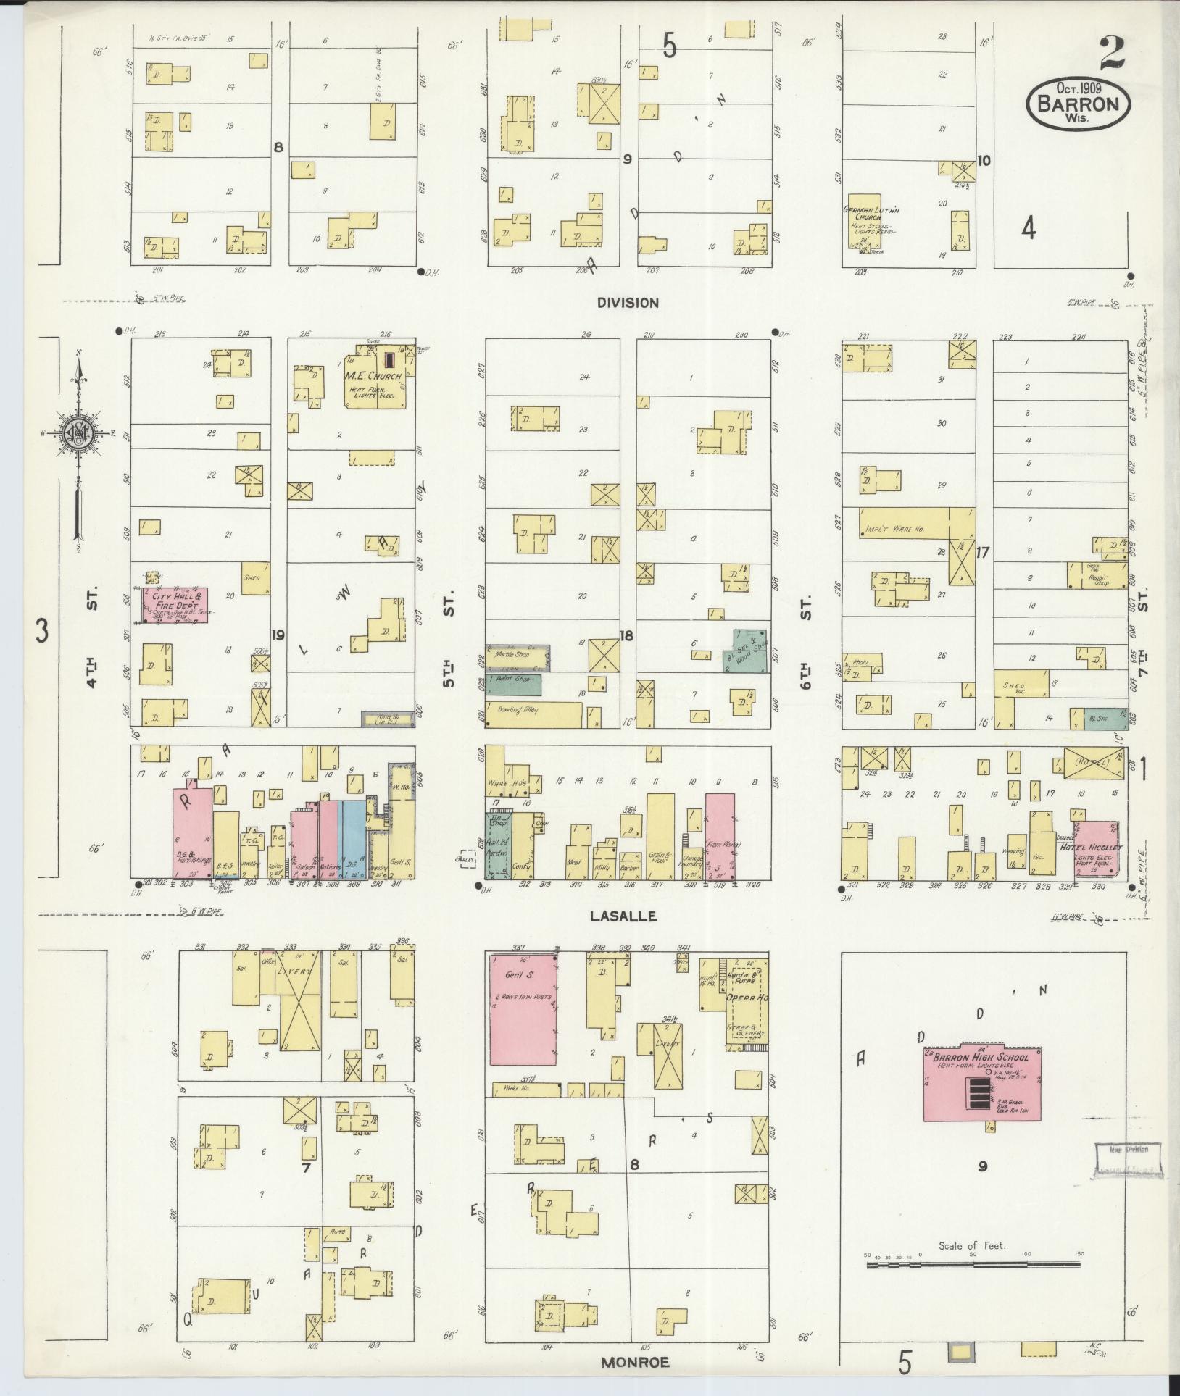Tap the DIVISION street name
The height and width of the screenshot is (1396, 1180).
coord(628,303)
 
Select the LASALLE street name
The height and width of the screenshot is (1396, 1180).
coord(623,916)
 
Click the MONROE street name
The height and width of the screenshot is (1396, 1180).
coord(635,1363)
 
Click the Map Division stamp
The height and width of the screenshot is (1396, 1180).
coord(1129,1150)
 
